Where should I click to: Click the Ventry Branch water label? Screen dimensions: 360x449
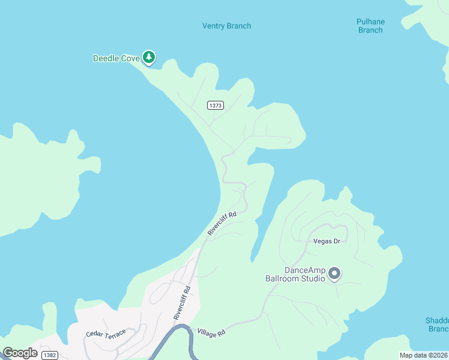226,26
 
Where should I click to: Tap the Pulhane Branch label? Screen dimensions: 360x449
370,26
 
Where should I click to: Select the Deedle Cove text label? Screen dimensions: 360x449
116,58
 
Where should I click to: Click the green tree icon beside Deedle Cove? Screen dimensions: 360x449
149,58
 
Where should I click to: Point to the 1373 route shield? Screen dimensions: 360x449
215,105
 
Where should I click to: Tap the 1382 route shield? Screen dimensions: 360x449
50,355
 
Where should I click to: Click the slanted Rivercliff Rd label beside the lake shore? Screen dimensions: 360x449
222,223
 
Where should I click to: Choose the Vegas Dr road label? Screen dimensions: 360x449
327,241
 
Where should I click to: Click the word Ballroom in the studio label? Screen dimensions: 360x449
285,278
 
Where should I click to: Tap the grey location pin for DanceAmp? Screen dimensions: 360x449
334,274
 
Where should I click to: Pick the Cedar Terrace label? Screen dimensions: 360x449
106,334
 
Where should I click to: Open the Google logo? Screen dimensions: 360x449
20,353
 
